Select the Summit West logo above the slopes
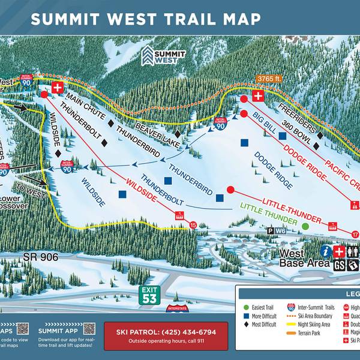155,57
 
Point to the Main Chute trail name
86,105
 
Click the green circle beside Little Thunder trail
305,226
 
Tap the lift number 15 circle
193,225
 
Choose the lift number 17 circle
355,235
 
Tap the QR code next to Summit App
89,329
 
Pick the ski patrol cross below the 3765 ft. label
258,96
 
